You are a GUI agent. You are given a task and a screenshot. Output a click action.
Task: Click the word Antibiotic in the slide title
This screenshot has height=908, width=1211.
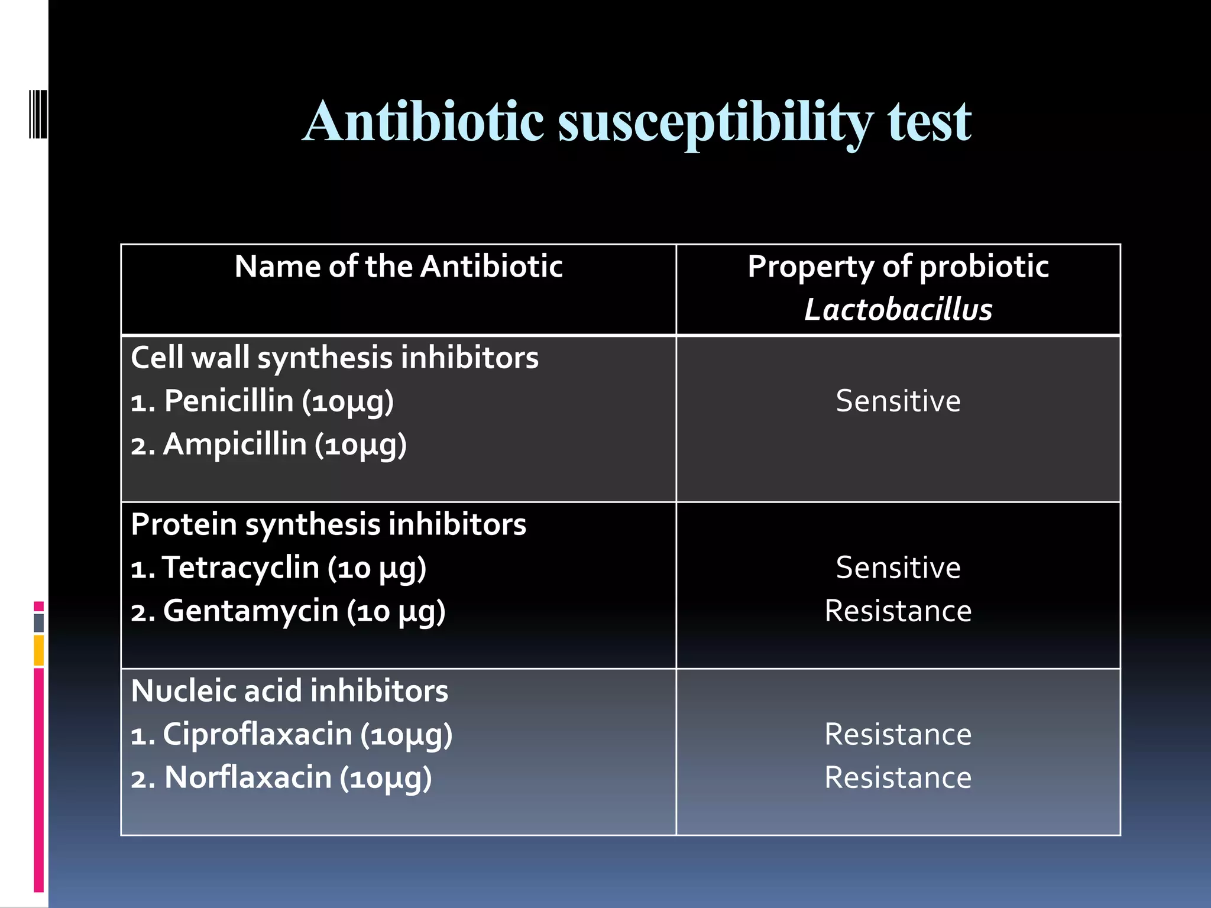point(423,121)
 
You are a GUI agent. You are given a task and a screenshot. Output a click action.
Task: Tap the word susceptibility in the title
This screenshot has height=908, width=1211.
point(715,122)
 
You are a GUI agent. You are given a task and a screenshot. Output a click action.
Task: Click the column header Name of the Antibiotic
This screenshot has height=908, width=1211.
point(398,267)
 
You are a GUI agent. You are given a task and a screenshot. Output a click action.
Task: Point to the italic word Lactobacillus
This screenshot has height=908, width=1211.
point(898,310)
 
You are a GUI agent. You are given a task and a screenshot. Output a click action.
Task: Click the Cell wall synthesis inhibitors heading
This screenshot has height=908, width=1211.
point(335,358)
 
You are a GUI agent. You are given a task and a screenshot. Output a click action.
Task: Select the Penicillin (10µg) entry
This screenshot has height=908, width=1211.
point(262,401)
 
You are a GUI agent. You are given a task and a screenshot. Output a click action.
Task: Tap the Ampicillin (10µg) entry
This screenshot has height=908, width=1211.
point(268,445)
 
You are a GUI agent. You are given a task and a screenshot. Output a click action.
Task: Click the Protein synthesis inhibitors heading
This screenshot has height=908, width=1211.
point(328,525)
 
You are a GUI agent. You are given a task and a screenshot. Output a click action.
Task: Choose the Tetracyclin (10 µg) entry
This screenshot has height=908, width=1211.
point(279,568)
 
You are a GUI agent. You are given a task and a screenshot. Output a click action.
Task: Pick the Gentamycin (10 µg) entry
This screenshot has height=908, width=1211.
point(288,611)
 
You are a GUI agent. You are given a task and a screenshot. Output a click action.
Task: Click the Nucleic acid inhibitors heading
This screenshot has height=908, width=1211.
point(289,691)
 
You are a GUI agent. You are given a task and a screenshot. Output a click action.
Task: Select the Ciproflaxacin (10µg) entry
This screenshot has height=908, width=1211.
point(292,735)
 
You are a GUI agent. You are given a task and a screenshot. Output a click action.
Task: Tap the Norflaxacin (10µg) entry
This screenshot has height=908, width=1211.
point(281,778)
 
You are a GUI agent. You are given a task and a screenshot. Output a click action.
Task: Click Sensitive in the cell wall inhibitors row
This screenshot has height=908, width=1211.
point(898,401)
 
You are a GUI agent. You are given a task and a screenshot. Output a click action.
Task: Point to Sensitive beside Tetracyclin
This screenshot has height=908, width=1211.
point(898,568)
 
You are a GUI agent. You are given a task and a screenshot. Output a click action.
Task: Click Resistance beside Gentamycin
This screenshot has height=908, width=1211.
point(898,611)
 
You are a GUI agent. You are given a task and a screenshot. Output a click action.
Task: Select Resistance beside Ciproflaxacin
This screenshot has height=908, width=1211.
point(898,735)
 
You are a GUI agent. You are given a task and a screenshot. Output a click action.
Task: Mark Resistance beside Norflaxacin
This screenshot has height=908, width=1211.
point(898,778)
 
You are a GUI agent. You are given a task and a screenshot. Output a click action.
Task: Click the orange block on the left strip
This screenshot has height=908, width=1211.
point(39,650)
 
